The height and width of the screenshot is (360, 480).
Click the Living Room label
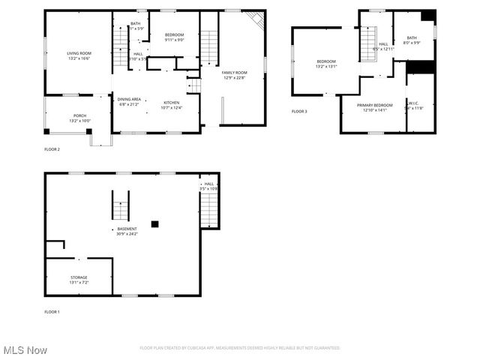(x=79, y=54)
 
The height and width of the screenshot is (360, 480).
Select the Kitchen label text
(x=171, y=103)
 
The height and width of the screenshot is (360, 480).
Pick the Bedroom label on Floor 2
(x=174, y=35)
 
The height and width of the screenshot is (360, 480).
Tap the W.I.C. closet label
(x=414, y=105)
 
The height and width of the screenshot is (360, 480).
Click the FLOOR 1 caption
(x=52, y=311)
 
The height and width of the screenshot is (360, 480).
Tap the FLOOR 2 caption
(x=52, y=149)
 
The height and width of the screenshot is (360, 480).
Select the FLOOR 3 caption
(x=299, y=112)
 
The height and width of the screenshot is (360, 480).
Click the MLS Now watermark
(x=25, y=350)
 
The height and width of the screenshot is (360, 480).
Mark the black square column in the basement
(x=154, y=223)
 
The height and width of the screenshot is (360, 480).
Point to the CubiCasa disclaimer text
(x=240, y=348)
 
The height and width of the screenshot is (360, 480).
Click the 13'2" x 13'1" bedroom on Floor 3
(x=326, y=64)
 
